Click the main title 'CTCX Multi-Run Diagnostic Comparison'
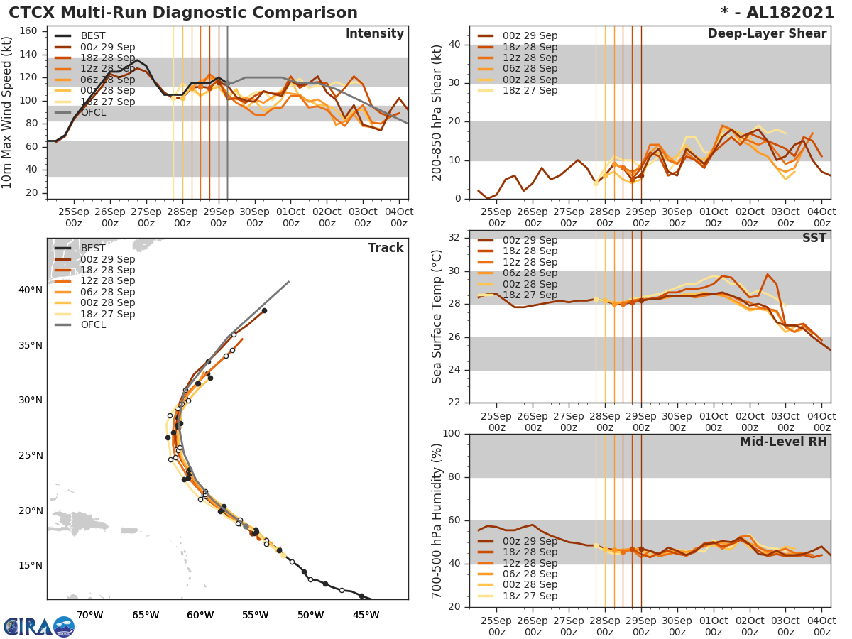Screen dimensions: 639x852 [183, 13]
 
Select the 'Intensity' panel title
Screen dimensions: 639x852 [374, 34]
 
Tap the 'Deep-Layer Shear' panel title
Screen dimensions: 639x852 [767, 34]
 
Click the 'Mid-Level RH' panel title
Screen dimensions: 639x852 [783, 442]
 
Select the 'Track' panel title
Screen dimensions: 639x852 [386, 248]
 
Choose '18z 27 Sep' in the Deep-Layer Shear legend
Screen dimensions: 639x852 [530, 90]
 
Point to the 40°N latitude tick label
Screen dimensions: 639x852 [31, 290]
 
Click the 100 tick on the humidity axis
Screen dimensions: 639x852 [452, 434]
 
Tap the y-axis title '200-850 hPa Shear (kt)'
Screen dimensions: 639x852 [437, 111]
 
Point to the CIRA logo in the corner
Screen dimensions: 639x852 [39, 626]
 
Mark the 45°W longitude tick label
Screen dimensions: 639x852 [366, 615]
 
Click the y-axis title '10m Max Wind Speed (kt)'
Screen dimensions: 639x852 [8, 111]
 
